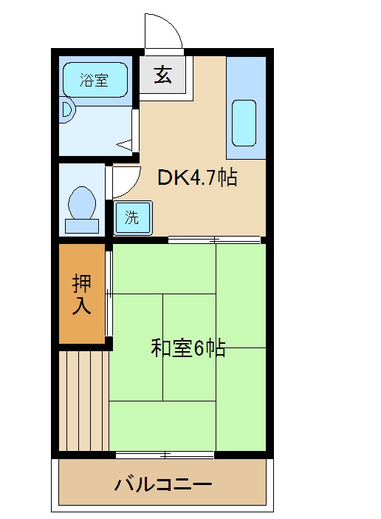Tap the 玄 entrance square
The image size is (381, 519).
tap(163, 75)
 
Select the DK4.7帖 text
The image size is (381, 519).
tap(197, 177)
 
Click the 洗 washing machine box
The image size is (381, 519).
tap(131, 218)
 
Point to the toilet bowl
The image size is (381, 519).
tap(81, 200)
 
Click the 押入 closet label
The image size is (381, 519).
tap(82, 294)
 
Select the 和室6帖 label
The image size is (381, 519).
tap(188, 347)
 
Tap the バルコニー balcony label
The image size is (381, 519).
tap(163, 485)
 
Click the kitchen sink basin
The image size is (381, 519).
tap(244, 123)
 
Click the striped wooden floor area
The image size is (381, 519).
tap(83, 400)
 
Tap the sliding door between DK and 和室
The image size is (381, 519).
tap(214, 240)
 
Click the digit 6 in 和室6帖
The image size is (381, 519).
tap(199, 348)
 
